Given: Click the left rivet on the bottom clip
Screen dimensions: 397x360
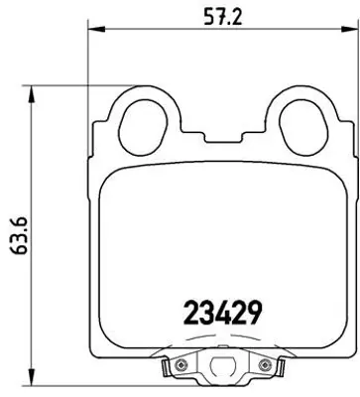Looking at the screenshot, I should [180, 368].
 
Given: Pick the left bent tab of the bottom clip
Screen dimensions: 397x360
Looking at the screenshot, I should [161, 372].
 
